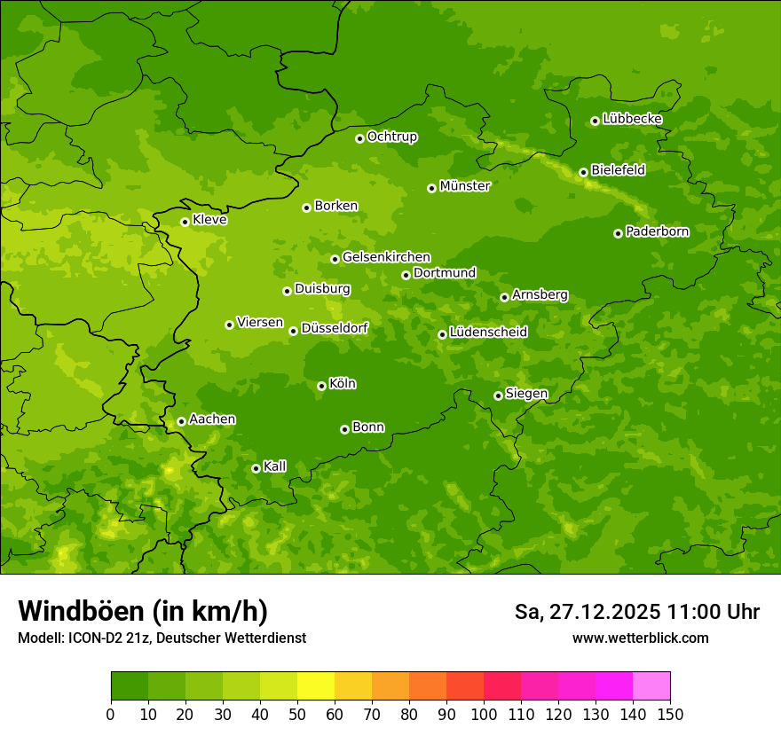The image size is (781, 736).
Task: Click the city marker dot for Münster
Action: [432, 188]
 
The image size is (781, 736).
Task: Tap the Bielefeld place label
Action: [618, 169]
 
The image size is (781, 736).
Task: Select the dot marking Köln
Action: [321, 386]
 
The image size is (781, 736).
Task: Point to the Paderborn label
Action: [657, 231]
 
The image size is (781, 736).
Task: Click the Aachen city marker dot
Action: [181, 421]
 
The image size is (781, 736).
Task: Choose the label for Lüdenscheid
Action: [488, 333]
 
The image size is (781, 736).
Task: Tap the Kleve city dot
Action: [185, 222]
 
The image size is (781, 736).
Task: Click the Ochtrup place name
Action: [391, 137]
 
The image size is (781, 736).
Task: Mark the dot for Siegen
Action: [498, 395]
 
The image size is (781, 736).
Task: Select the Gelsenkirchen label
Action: [386, 257]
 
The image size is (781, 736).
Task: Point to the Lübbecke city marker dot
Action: [595, 121]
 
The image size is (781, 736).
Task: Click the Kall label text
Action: [274, 466]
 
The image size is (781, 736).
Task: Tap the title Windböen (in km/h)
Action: [143, 611]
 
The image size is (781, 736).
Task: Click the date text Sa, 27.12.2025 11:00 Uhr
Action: [636, 612]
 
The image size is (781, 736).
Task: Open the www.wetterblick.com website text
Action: [640, 638]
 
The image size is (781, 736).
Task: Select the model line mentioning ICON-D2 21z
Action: [162, 638]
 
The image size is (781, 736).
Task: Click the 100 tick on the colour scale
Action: [483, 715]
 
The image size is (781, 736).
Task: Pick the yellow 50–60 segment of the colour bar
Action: [316, 686]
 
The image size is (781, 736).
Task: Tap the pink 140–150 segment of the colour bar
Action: [651, 686]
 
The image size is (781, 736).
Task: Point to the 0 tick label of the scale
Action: [111, 715]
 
